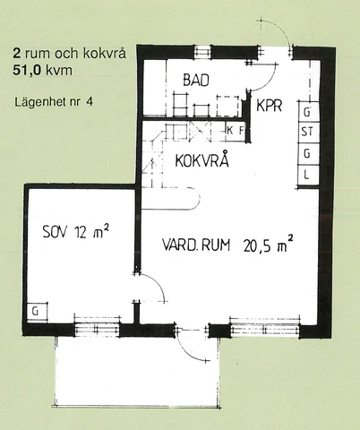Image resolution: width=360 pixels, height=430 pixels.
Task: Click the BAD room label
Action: [196, 80]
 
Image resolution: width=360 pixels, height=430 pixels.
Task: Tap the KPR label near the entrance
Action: [270, 105]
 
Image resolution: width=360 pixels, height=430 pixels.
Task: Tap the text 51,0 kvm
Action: [42, 71]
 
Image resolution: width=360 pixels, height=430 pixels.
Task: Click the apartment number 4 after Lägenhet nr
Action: [90, 101]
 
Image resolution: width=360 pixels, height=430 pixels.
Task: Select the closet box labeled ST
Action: [308, 132]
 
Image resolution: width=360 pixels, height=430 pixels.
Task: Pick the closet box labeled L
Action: [308, 175]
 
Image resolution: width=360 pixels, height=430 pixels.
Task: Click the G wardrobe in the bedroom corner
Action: [37, 312]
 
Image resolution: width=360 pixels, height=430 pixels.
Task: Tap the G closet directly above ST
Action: [308, 112]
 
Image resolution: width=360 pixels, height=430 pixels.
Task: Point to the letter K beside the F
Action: [230, 130]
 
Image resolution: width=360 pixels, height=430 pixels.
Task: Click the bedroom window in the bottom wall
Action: [97, 329]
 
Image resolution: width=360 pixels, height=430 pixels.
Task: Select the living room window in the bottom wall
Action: [265, 329]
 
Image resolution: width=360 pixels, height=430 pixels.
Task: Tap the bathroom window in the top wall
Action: [203, 53]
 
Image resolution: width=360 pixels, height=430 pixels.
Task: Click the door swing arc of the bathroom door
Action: [270, 80]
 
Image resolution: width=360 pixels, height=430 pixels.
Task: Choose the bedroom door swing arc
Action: [157, 284]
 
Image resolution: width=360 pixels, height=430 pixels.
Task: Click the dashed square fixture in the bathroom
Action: [227, 106]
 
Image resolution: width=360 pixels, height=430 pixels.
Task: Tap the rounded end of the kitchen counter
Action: [195, 198]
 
